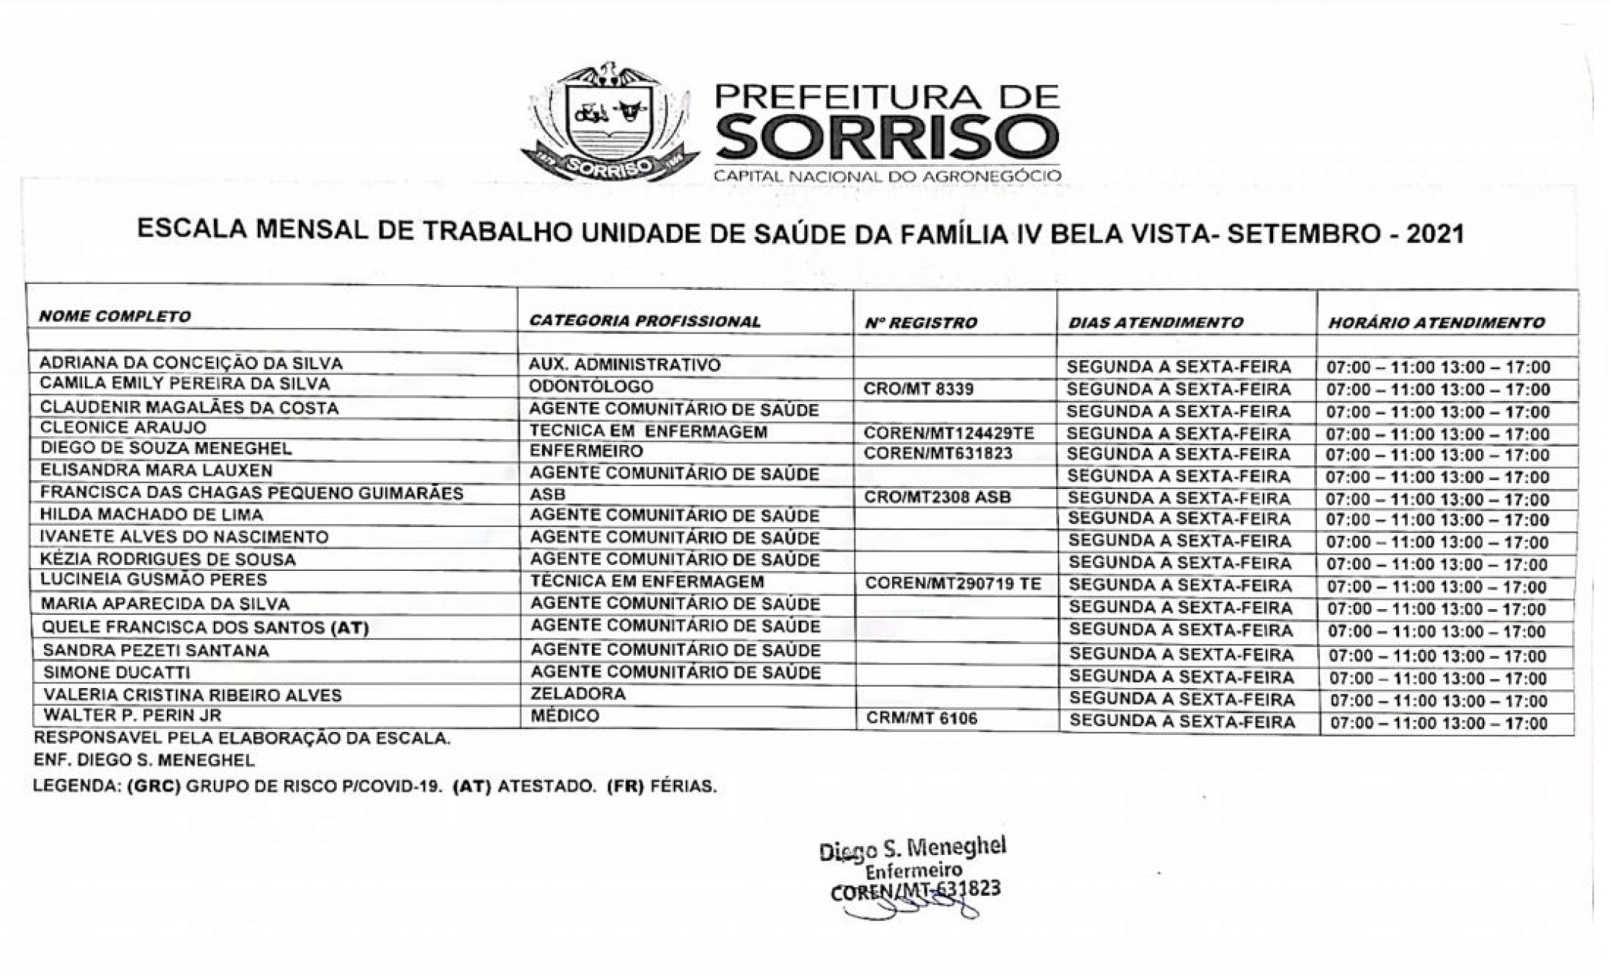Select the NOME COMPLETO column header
click(115, 316)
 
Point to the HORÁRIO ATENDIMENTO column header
click(1436, 323)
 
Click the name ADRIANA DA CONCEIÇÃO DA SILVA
click(191, 364)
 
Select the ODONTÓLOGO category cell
click(591, 387)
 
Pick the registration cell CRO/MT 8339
click(918, 389)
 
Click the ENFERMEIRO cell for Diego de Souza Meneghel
click(586, 452)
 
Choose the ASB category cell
click(548, 494)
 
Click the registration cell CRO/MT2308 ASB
click(937, 496)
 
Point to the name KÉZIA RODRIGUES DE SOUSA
click(168, 559)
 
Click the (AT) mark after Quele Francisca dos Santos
click(350, 628)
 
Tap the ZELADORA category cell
click(578, 694)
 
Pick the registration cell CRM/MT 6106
click(921, 719)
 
